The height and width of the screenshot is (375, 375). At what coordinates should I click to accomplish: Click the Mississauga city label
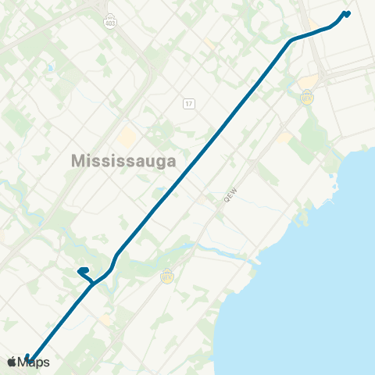click(123, 160)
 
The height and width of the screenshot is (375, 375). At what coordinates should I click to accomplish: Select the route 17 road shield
click(189, 103)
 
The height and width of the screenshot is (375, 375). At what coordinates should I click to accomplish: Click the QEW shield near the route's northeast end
click(307, 97)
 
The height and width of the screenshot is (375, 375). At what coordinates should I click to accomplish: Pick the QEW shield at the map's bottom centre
click(166, 276)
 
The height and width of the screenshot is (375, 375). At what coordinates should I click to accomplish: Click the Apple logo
click(12, 362)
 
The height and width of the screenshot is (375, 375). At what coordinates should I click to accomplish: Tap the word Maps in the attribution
click(35, 362)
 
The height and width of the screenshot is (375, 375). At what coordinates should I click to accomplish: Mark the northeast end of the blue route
click(348, 12)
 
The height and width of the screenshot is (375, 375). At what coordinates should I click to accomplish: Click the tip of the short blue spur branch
click(80, 272)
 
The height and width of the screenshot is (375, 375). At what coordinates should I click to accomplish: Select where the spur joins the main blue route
click(95, 282)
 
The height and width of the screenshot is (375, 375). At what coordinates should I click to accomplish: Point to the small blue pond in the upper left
click(49, 69)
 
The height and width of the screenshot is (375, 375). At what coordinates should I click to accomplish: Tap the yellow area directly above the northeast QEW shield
click(309, 81)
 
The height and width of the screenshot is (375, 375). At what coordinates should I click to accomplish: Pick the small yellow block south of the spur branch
click(105, 319)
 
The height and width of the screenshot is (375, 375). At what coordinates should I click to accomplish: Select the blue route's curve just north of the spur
click(116, 258)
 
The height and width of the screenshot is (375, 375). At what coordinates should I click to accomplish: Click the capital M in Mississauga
click(79, 160)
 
